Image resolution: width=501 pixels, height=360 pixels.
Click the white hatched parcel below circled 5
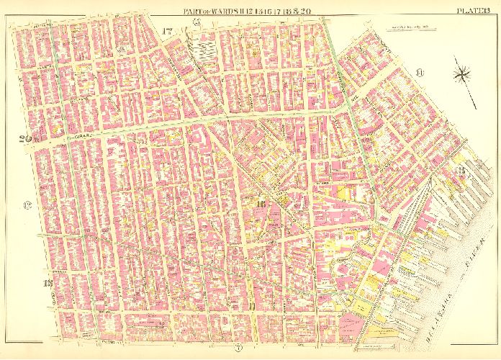click(x=204, y=50)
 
